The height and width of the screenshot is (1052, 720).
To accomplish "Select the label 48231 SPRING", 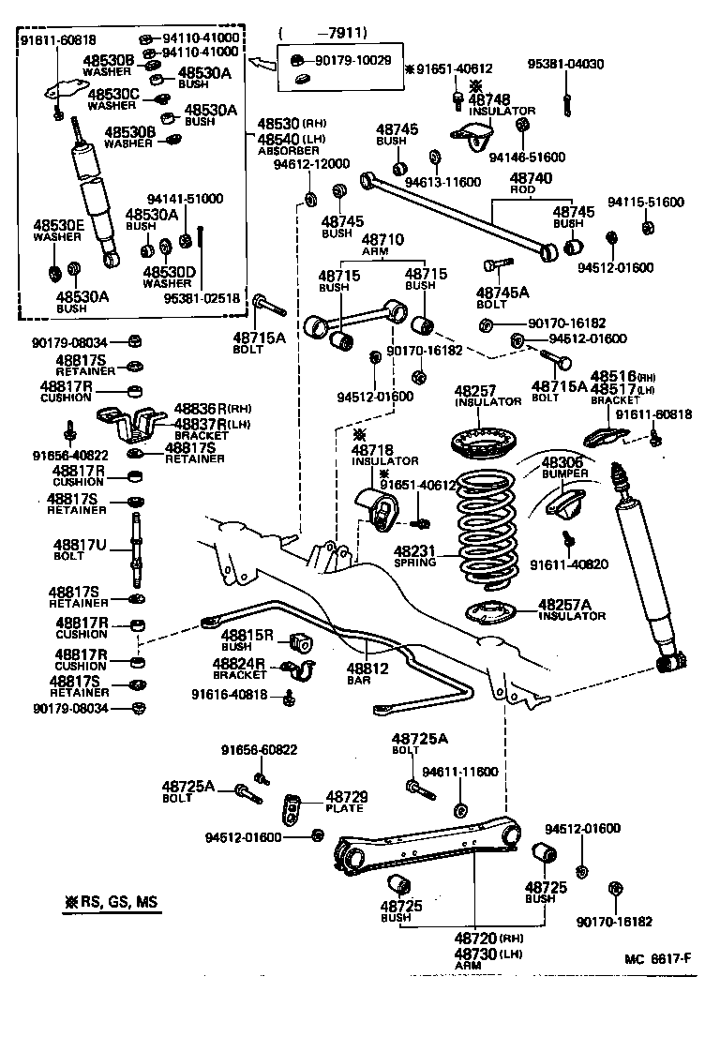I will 415,557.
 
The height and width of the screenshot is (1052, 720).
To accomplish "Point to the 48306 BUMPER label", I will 565,468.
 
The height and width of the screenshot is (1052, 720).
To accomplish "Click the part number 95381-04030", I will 566,66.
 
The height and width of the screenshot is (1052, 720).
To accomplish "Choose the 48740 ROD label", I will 531,184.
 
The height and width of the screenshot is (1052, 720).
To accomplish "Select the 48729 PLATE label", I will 346,802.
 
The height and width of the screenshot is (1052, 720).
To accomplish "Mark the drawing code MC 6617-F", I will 659,957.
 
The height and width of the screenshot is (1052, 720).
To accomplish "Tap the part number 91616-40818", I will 230,695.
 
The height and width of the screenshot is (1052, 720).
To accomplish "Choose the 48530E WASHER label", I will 59,231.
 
